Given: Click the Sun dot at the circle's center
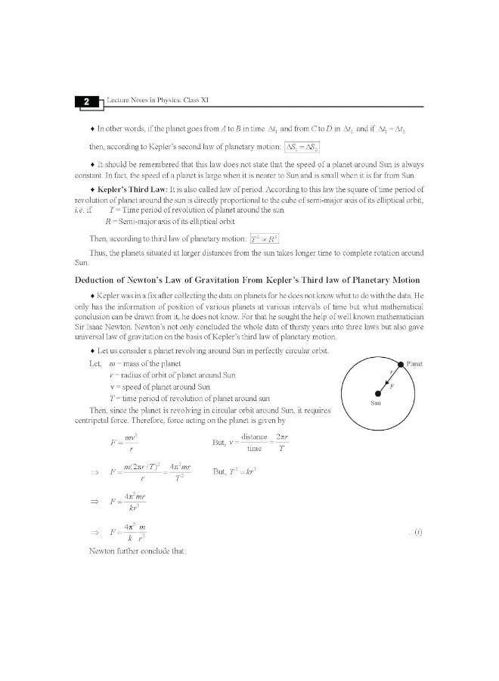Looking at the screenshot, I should click(378, 393).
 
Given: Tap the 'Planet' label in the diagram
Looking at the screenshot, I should click(415, 364).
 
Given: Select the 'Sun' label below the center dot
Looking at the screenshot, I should click(377, 403).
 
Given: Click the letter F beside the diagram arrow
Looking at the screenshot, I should click(392, 385).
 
